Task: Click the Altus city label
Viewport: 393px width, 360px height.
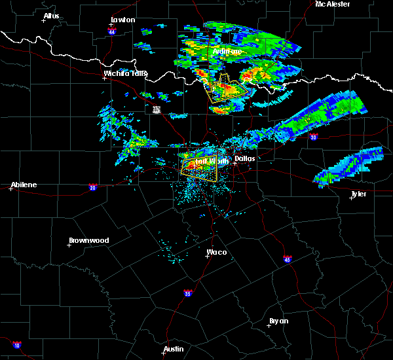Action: (51, 16)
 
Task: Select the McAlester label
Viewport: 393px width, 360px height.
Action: (332, 4)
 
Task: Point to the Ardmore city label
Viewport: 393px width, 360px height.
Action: (227, 51)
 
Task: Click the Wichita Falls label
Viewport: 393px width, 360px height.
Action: (125, 73)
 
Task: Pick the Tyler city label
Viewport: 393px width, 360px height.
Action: (358, 194)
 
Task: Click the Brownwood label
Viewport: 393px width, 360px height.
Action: (88, 240)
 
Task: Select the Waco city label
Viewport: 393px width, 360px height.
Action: (217, 252)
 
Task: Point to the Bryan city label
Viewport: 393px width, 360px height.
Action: (278, 321)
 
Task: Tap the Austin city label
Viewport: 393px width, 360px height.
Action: (174, 349)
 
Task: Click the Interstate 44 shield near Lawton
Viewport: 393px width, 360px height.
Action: (112, 31)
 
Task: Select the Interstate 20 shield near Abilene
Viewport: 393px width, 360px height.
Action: (92, 187)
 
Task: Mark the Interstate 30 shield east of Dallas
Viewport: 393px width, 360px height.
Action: (314, 137)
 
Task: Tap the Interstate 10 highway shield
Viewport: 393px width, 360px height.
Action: (16, 345)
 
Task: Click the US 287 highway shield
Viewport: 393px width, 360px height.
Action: (157, 109)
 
